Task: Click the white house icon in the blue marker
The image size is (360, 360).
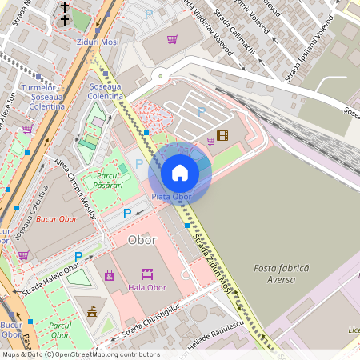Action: (180, 173)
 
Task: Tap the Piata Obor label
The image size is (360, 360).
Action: (171, 197)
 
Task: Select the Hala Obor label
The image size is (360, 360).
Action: (147, 288)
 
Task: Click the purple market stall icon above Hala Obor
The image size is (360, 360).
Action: (147, 274)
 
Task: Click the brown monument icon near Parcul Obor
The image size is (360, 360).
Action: (92, 311)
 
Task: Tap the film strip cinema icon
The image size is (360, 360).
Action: (222, 135)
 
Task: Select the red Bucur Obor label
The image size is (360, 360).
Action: (57, 219)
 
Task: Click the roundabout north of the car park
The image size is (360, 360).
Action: (160, 78)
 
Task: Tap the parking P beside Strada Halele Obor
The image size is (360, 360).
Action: (78, 257)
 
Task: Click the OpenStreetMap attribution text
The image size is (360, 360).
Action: (80, 354)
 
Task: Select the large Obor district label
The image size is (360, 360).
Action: (142, 240)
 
